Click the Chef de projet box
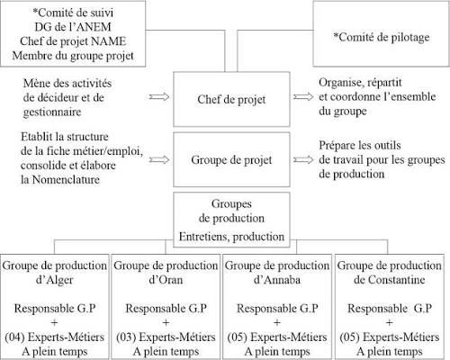[x=231, y=99]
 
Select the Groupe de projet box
[x=231, y=159]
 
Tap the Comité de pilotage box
[x=382, y=33]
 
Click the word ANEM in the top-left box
[x=94, y=27]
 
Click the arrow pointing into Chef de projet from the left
[x=159, y=97]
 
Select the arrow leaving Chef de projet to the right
[x=303, y=97]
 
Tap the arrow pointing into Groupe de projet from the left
[x=159, y=160]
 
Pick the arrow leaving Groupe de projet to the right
[x=303, y=160]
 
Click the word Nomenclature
[x=66, y=180]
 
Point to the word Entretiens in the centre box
[x=204, y=237]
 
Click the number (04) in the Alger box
[x=14, y=337]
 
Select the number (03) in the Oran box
[x=126, y=337]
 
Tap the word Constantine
[x=397, y=280]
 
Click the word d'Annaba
[x=277, y=280]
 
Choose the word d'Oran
[x=166, y=280]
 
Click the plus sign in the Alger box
[x=55, y=323]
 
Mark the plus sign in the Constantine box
[x=389, y=323]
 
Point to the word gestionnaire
[x=52, y=112]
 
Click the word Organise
[x=338, y=83]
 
